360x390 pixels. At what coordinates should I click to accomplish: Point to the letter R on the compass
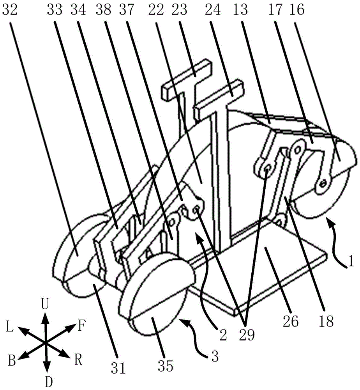point(78,360)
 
